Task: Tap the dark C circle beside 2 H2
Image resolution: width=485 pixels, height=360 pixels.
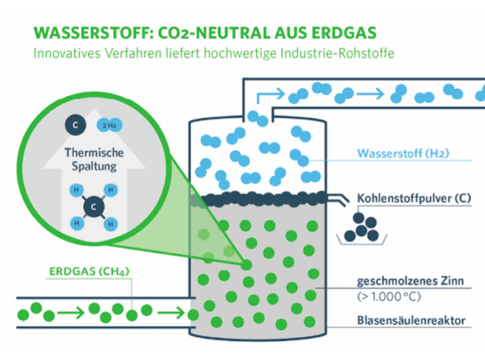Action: pyautogui.click(x=72, y=124)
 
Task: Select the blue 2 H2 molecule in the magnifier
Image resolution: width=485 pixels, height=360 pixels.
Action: pyautogui.click(x=107, y=125)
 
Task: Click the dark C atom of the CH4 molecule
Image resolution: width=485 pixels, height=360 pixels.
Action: pyautogui.click(x=94, y=207)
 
